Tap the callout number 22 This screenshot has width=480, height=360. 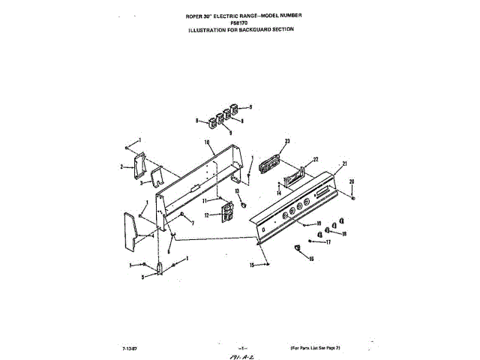(316, 159)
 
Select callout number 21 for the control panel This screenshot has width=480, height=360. (346, 163)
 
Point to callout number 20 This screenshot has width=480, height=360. (352, 181)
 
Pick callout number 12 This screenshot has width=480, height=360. (207, 215)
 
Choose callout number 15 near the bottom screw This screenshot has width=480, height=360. (251, 265)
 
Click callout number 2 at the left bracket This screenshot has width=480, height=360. (121, 166)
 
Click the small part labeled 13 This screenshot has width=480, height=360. (241, 203)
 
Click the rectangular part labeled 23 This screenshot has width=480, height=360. (271, 163)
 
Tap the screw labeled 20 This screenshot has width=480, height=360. (352, 199)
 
